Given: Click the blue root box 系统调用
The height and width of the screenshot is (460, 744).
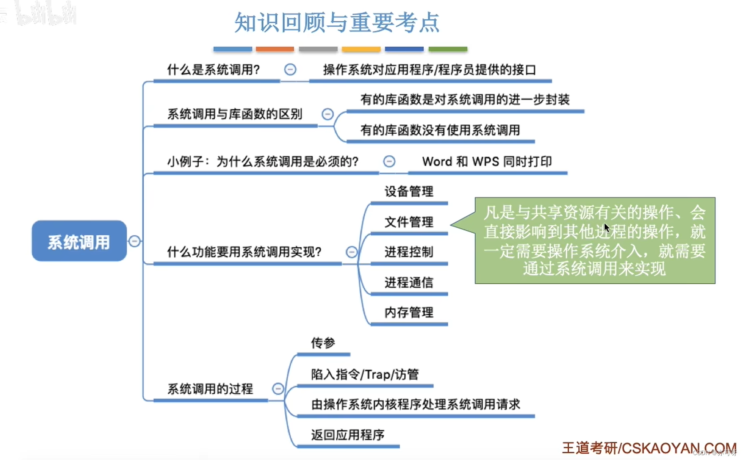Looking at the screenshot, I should [79, 241].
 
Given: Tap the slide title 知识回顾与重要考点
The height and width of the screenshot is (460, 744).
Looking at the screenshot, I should [337, 22].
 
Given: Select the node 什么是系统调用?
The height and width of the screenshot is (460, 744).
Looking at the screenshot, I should [213, 70].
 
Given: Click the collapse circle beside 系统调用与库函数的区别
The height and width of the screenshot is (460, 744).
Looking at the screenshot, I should [327, 114].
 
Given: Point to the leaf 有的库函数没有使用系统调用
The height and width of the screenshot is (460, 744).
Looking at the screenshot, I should [440, 130].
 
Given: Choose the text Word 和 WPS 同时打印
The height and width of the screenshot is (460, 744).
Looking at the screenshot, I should [487, 161].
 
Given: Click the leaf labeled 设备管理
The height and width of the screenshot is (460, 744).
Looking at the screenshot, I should [409, 191].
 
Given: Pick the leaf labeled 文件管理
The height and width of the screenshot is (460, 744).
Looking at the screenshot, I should [409, 222].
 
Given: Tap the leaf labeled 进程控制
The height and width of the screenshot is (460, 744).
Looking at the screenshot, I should [409, 252].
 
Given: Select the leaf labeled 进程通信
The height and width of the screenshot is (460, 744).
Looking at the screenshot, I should [409, 282].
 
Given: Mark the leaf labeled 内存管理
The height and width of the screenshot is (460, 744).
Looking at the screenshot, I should [409, 312].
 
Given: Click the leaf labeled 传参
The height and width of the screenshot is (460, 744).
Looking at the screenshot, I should [323, 343].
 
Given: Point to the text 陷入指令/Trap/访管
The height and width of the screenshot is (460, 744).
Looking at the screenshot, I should [365, 374].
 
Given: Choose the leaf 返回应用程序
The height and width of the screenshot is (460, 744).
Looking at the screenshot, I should [347, 435].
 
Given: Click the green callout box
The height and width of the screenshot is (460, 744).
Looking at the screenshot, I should [594, 240].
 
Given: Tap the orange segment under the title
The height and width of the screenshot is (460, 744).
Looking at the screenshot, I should [275, 49].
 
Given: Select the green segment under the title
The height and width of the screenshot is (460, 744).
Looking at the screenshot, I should [448, 49].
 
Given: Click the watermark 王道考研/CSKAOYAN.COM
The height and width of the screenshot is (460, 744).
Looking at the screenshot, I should [649, 448].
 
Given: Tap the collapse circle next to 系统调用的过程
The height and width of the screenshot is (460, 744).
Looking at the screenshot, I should [278, 389].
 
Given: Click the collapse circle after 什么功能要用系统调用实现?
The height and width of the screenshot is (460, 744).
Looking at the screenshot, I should [351, 252].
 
